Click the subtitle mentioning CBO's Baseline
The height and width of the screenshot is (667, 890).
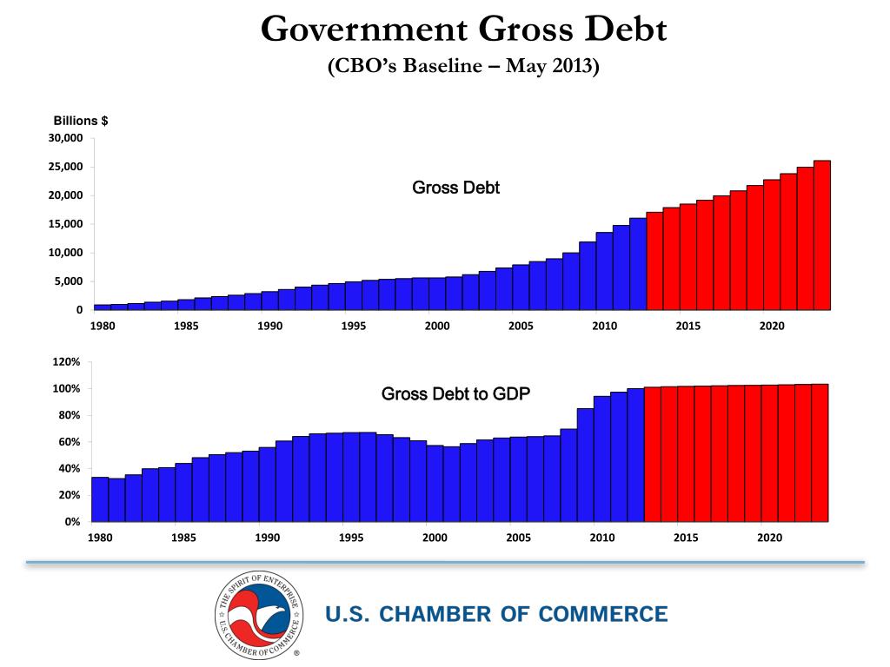coord(463,66)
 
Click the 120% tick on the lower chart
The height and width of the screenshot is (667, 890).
coord(66,361)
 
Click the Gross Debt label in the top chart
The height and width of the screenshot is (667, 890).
coord(455,188)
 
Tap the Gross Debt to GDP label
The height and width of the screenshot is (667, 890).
coord(455,393)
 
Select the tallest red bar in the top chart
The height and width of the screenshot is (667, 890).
coord(821,234)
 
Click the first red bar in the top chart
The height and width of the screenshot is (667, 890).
coord(654,261)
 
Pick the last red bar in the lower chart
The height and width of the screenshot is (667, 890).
coord(820,452)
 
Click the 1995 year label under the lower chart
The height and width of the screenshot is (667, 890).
coord(350,538)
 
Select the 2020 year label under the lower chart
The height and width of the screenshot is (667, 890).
coord(769,538)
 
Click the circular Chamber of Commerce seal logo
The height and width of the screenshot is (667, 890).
coord(261,614)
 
